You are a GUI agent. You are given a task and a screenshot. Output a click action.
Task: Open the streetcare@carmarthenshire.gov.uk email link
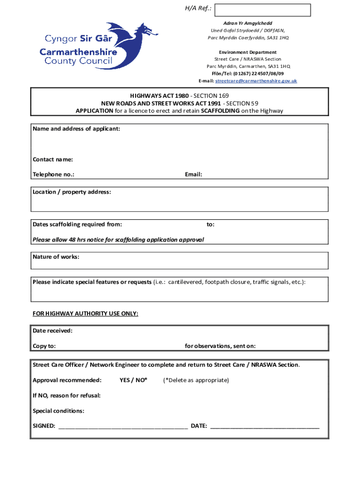tap(256, 81)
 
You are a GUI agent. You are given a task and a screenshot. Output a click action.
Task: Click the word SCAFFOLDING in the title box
tap(220, 111)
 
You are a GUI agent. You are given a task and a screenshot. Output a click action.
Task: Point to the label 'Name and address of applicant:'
tap(76, 129)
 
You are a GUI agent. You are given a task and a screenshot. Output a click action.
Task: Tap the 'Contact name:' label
tap(53, 160)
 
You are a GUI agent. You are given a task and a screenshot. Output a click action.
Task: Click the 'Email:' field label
tap(194, 174)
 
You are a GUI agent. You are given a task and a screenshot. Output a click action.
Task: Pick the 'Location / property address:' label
tap(72, 192)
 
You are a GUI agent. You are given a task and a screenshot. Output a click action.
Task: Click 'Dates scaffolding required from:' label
tap(77, 225)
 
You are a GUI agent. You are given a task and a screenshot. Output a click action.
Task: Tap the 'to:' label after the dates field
tap(211, 225)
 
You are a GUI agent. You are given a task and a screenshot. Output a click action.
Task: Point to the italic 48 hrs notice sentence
tap(118, 240)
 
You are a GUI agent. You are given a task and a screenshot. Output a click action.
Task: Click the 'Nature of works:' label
tap(56, 257)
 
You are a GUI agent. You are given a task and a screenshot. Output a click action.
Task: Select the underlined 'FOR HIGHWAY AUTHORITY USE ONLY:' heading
tap(86, 313)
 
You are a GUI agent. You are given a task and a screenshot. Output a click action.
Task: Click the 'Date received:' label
tap(53, 331)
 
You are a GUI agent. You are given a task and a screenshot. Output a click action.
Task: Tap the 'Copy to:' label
tap(44, 346)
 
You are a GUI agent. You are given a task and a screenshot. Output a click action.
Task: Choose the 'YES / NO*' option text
tap(133, 380)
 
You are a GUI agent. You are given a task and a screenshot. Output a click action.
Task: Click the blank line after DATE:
tap(265, 426)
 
